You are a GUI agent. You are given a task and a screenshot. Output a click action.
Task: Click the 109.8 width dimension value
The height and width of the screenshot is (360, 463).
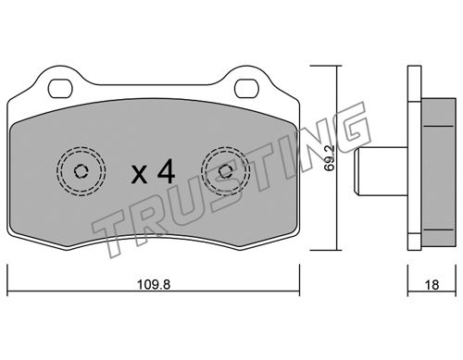154,284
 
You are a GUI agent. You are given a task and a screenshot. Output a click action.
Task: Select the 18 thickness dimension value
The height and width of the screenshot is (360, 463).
432,285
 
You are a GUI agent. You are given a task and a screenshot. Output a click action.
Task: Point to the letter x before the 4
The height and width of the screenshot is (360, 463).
139,175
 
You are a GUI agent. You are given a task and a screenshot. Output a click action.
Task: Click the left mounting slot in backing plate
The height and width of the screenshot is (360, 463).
60,88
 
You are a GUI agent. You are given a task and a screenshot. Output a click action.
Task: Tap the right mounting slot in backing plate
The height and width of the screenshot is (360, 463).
246,88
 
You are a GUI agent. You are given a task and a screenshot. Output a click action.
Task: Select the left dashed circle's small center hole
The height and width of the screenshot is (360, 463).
81,171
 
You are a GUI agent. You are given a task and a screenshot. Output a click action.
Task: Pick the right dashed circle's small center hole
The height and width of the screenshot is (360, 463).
225,171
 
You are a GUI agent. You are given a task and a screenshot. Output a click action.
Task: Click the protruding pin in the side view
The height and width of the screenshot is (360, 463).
381,171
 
